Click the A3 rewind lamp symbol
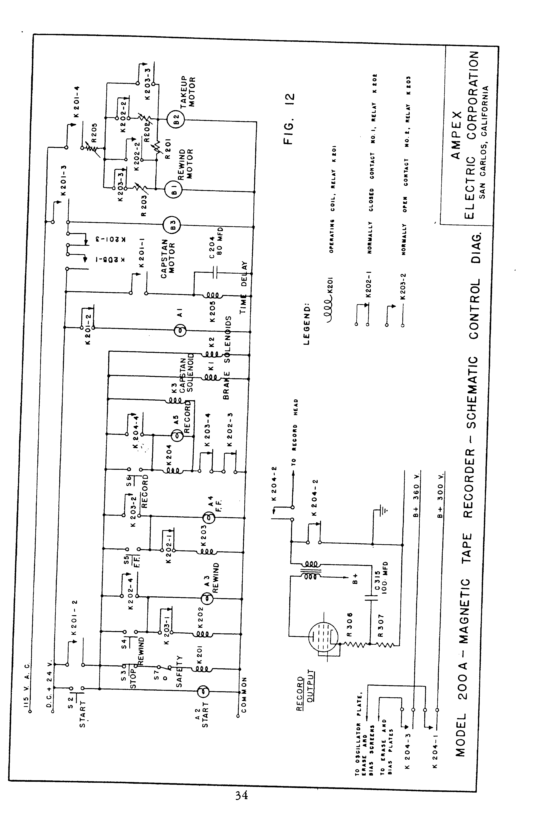[207, 599]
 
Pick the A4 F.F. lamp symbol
[208, 517]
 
